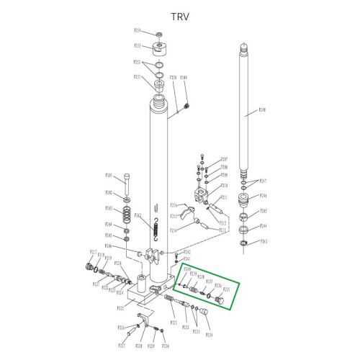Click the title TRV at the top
click(179, 16)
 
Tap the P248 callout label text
click(262, 111)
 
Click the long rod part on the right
click(244, 108)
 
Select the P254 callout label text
click(138, 32)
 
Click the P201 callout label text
click(109, 174)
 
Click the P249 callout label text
click(184, 77)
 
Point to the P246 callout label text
click(264, 195)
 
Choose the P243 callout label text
click(264, 241)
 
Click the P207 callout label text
click(224, 158)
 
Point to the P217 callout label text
click(93, 251)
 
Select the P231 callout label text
click(173, 323)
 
